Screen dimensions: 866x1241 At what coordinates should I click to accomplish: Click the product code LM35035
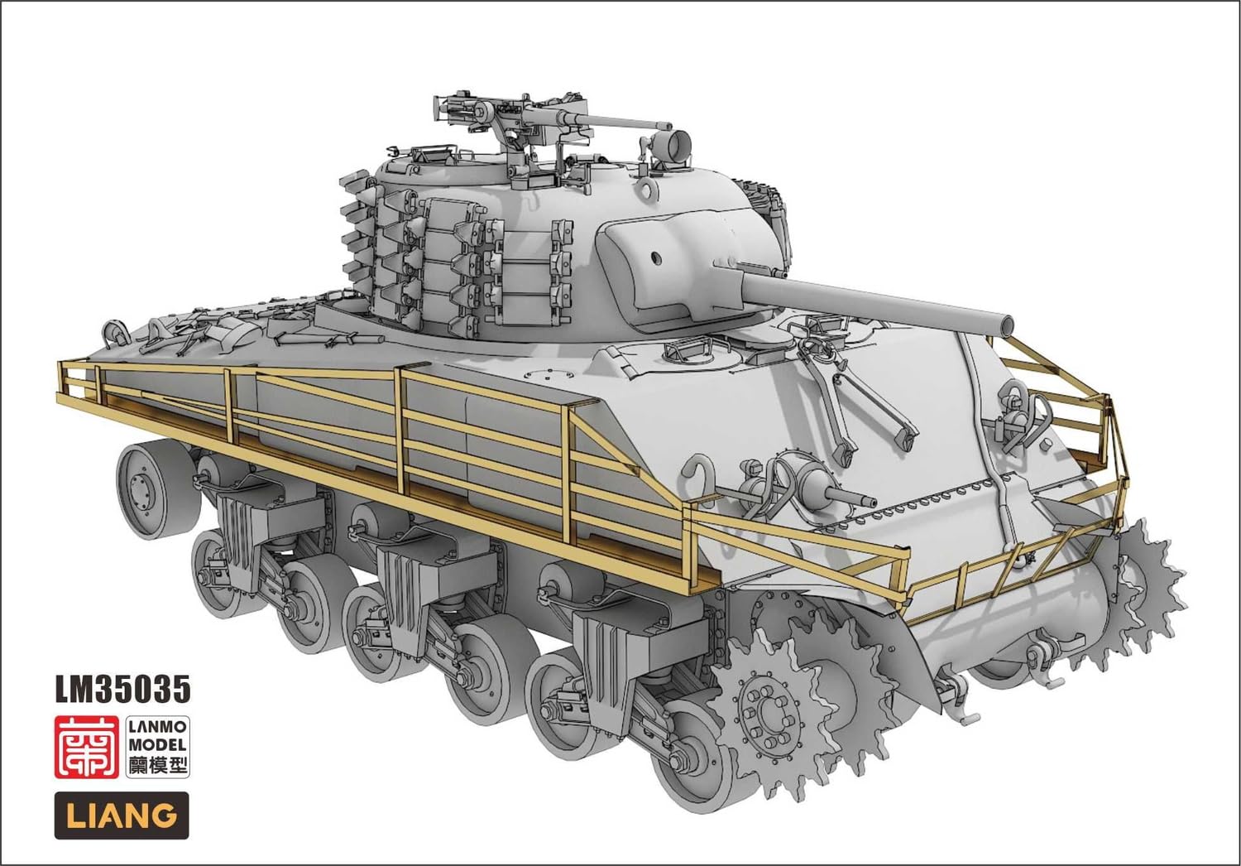122,689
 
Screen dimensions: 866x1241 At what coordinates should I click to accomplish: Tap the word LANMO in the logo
157,727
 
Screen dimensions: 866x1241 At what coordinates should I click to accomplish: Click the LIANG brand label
122,815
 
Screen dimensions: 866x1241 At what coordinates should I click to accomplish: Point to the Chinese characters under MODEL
157,765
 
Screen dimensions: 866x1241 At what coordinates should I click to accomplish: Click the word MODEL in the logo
157,745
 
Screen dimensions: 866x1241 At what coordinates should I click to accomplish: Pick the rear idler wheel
146,480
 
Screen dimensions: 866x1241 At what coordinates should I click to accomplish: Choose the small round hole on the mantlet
657,257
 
